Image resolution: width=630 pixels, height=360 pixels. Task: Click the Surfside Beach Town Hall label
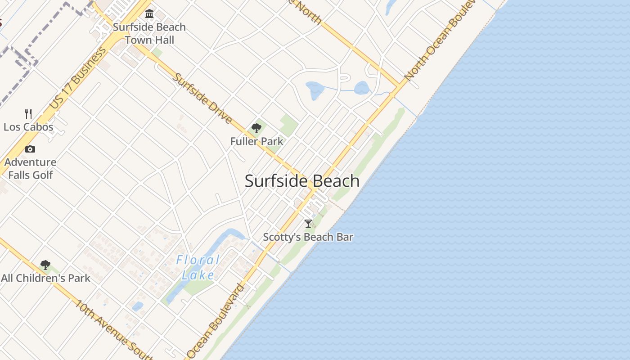click(149, 33)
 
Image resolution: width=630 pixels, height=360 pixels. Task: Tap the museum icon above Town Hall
click(149, 14)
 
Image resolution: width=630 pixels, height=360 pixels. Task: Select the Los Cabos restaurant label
click(28, 127)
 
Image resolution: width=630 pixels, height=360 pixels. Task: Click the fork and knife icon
click(28, 113)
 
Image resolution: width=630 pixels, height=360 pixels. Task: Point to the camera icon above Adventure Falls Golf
click(30, 149)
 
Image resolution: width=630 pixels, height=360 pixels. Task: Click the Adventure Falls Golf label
click(31, 168)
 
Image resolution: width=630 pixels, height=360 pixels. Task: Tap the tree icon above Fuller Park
click(256, 128)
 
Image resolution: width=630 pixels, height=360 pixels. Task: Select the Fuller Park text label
click(256, 141)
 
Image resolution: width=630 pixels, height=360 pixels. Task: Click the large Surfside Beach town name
click(302, 181)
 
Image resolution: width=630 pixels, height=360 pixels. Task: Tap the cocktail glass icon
click(308, 223)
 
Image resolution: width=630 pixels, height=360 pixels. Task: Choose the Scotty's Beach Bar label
click(308, 237)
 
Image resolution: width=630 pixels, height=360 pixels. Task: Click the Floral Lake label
click(198, 267)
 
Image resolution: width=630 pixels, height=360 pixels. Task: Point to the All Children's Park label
click(45, 278)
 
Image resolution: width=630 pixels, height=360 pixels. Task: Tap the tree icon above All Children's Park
click(45, 265)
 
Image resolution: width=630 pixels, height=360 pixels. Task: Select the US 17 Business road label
click(78, 77)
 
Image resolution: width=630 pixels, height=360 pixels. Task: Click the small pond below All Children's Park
click(137, 306)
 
